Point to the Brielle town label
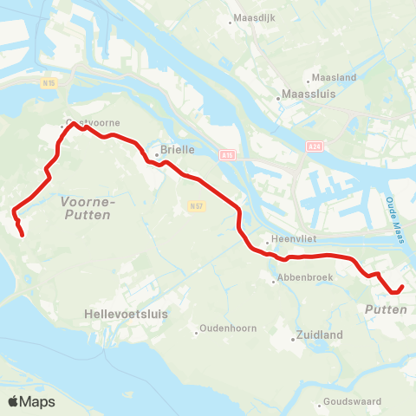coord(178,150)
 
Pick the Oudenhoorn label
coord(227,328)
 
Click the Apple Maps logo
coord(30,401)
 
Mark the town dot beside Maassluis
coord(278,99)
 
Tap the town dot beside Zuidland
coord(293,340)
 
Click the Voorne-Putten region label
coord(86,207)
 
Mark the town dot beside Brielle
coord(156,156)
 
